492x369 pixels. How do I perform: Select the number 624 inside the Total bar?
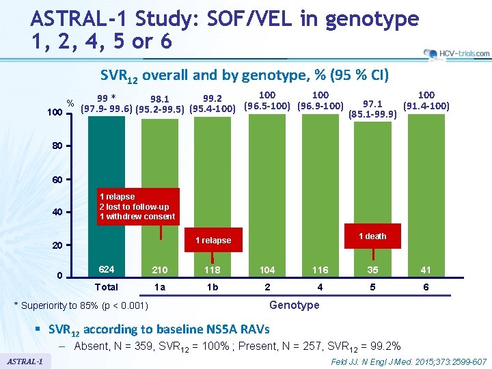point(107,269)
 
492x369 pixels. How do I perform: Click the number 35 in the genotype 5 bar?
point(372,270)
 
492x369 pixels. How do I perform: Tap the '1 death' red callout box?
point(372,236)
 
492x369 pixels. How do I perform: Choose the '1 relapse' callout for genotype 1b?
point(213,241)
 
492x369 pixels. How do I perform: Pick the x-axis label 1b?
point(213,287)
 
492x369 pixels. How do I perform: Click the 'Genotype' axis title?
point(295,305)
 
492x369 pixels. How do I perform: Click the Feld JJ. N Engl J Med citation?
point(408,361)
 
